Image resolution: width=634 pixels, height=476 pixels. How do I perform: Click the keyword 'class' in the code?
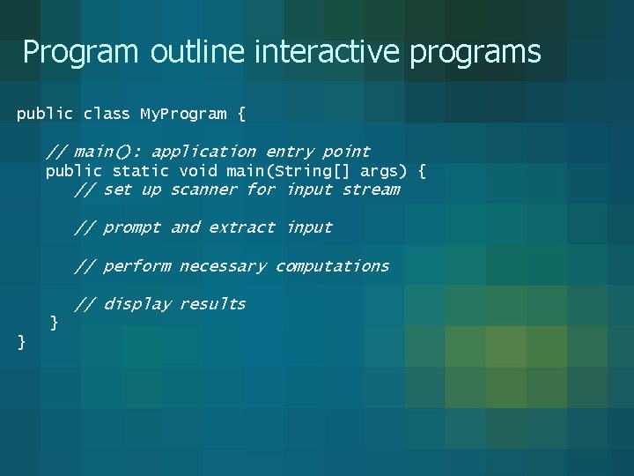tap(107, 114)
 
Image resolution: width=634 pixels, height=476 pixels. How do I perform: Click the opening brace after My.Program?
tap(241, 115)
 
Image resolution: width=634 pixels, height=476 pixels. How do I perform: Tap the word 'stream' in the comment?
tap(371, 190)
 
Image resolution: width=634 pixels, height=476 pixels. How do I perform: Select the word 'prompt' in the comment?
tap(131, 227)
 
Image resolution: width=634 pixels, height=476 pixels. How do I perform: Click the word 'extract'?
tap(241, 227)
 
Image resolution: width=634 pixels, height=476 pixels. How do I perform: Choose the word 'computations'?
tap(332, 266)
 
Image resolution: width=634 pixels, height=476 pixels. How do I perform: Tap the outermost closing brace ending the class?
tap(21, 342)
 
